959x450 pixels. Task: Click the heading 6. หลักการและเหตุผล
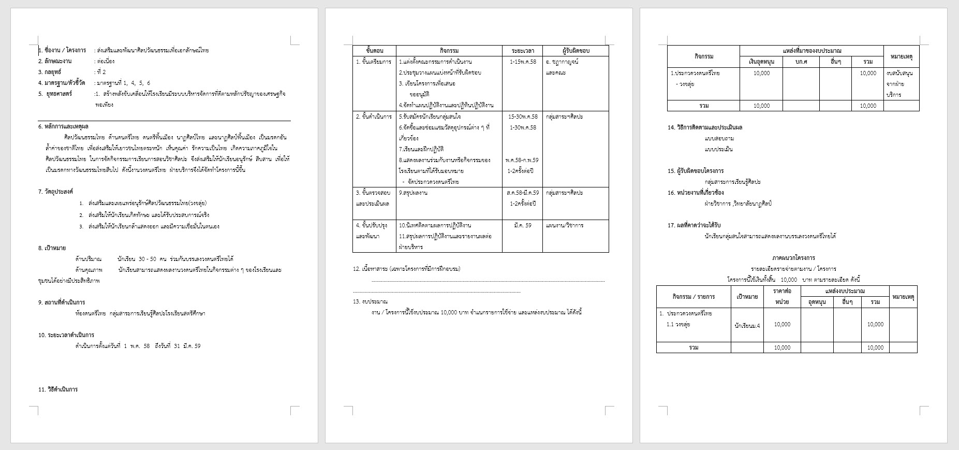[63, 126]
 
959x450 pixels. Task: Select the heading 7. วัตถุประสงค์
[56, 192]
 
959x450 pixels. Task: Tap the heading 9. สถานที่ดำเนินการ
[62, 302]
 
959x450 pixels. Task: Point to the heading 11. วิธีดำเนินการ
[58, 389]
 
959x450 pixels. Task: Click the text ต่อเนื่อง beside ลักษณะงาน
[106, 61]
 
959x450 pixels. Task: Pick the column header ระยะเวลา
[523, 51]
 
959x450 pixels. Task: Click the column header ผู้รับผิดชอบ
[576, 51]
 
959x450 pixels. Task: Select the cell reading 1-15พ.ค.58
[523, 62]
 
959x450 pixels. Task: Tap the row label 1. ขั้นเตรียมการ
[374, 62]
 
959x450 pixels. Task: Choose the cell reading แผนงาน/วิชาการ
[565, 225]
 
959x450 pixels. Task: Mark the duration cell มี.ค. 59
[523, 225]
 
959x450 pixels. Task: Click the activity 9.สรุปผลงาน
[413, 193]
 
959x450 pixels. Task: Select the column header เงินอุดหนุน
[761, 62]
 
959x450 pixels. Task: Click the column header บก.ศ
[801, 62]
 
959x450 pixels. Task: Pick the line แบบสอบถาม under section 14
[719, 138]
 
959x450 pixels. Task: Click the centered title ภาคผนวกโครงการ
[793, 258]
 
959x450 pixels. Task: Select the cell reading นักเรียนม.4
[747, 326]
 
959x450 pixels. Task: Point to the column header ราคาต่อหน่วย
[782, 296]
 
